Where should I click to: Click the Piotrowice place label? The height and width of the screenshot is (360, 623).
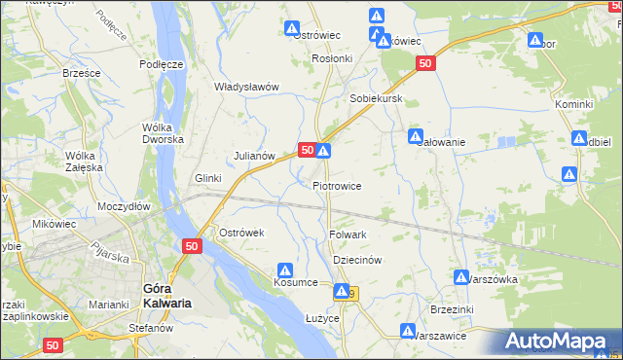coord(337,186)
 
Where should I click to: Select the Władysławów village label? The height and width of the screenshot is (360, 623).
coord(246,87)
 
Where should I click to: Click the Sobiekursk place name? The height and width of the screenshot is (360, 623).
coord(377,99)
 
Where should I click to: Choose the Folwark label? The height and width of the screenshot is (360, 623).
coord(348,234)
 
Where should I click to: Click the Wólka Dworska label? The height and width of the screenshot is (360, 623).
coord(163,133)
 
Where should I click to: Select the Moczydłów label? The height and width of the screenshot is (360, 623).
coord(124,207)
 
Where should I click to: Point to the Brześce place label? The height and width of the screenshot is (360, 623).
coord(82,73)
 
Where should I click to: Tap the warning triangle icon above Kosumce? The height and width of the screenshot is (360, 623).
coord(285,270)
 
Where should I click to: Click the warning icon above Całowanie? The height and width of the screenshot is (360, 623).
coord(416,136)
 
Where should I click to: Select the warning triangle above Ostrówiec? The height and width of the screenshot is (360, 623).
coord(291,28)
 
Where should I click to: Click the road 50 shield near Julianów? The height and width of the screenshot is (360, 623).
coord(306,150)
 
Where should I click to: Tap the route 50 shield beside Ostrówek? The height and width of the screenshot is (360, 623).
coord(191,248)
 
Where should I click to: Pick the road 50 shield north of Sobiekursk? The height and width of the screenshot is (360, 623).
coord(424,63)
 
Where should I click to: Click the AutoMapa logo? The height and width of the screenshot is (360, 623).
coord(558,342)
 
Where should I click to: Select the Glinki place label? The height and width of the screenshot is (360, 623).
coord(208,178)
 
